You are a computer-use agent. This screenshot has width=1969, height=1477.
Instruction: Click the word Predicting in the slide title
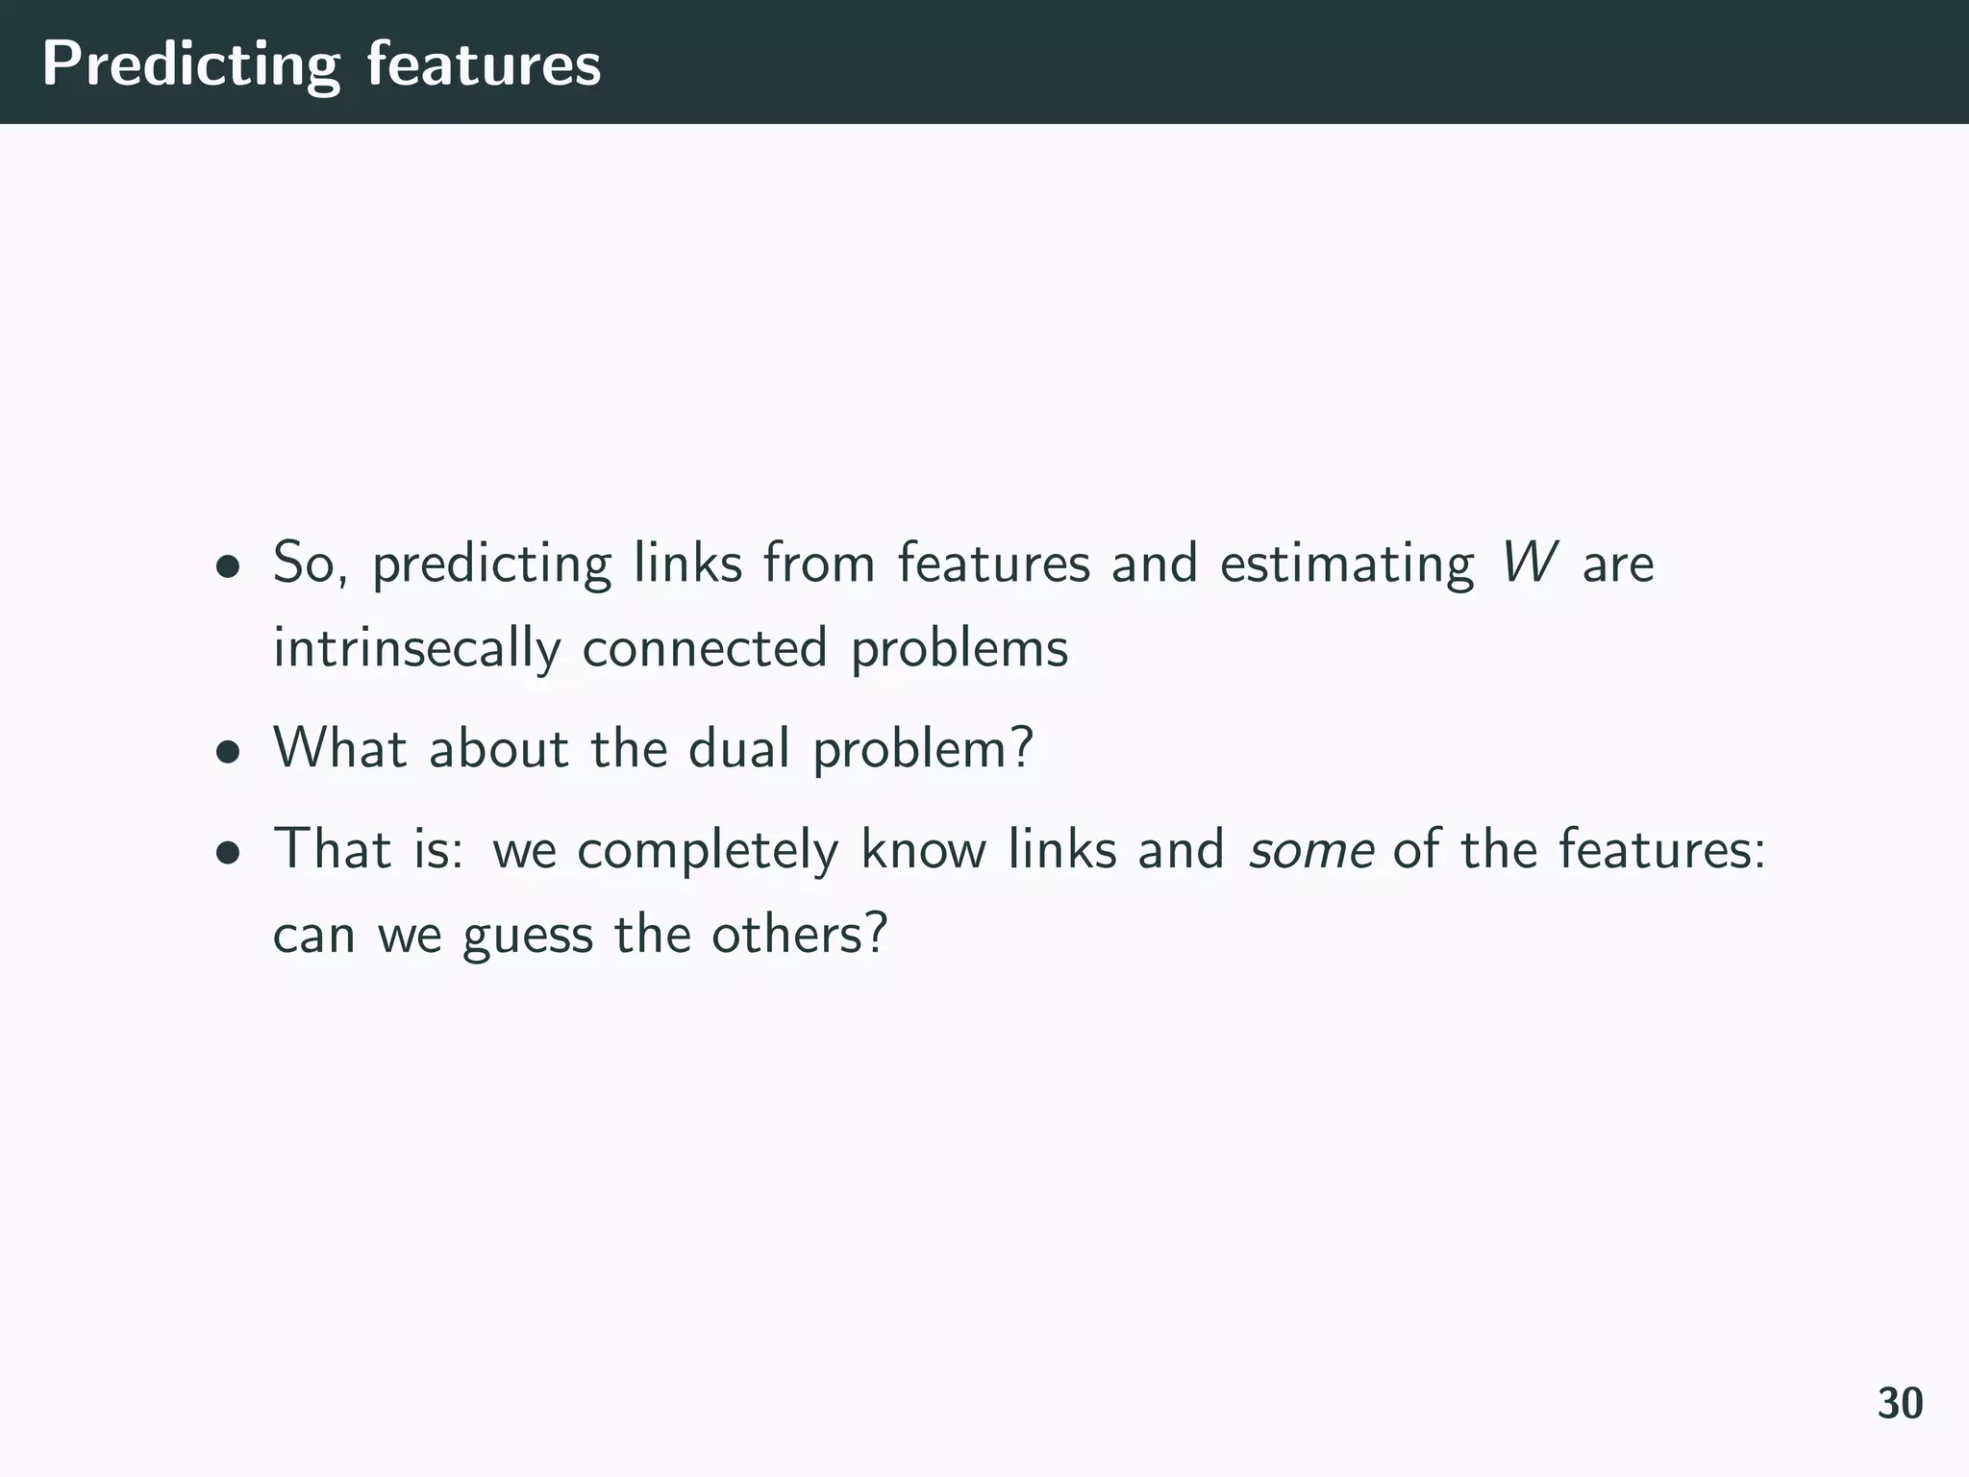(190, 65)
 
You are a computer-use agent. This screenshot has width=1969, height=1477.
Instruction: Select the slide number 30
(1900, 1404)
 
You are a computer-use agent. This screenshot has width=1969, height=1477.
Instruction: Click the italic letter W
(1528, 563)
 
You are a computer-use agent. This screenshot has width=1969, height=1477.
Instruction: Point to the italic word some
(1310, 850)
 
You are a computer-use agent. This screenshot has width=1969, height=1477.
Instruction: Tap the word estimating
(1346, 564)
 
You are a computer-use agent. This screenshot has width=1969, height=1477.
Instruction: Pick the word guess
(528, 936)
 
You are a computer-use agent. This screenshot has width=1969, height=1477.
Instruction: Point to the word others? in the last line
(799, 934)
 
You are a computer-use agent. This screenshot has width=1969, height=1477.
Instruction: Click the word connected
(705, 647)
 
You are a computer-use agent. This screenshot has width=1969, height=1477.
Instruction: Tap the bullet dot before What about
(227, 752)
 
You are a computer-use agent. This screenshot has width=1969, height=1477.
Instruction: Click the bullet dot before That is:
(227, 852)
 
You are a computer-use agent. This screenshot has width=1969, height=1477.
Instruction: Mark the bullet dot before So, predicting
(227, 566)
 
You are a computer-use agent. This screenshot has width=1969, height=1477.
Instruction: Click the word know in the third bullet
(923, 850)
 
